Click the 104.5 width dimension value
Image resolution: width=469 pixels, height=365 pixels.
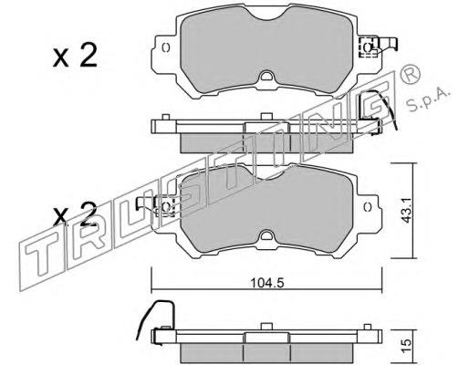[x=267, y=283]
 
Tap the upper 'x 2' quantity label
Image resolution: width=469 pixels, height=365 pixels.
[x=75, y=56]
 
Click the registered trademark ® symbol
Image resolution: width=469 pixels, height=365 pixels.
[x=411, y=75]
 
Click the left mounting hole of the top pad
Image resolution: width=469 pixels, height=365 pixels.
[x=166, y=47]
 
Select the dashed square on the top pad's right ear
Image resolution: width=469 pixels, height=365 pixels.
[x=369, y=47]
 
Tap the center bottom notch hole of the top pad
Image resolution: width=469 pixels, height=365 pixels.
[x=266, y=76]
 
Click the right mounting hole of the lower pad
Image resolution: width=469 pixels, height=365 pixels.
[x=368, y=206]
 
